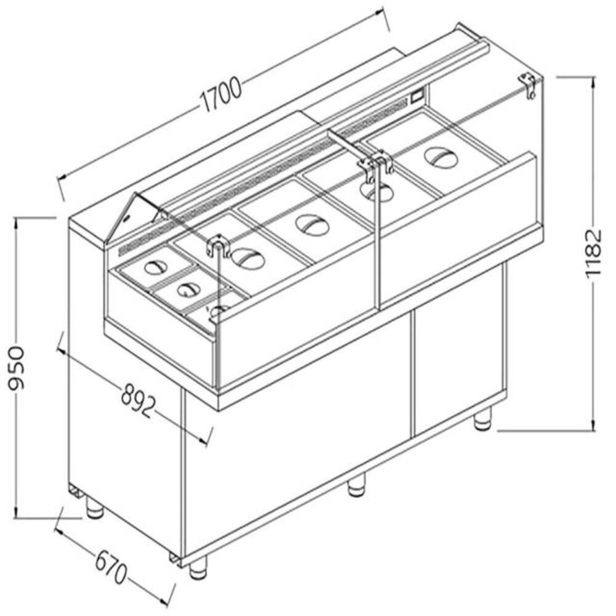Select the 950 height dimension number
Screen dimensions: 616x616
coord(17,368)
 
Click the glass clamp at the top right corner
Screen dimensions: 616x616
coord(528,84)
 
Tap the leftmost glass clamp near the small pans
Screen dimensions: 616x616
coord(217,245)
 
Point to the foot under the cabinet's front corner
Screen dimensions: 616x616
coord(198,567)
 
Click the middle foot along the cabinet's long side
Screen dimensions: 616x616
coord(355,487)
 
